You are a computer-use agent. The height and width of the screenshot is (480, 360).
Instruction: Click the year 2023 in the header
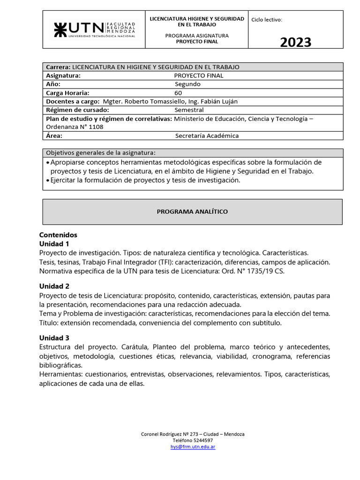coord(295,42)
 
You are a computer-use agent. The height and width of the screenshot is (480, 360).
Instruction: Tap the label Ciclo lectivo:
coord(267,20)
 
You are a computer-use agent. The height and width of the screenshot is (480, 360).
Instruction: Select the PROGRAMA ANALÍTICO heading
coord(192,211)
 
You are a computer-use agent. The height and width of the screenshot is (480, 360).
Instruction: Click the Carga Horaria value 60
coord(178,93)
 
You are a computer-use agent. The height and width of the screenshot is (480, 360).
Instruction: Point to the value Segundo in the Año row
coord(187,84)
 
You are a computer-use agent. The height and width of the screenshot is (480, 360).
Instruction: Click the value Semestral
coord(189,110)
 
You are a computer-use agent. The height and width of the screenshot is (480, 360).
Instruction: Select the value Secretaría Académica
coord(207,135)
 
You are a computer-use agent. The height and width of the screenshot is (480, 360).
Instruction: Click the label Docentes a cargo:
coord(73,101)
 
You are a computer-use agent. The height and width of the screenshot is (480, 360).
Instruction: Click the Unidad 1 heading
coord(54,244)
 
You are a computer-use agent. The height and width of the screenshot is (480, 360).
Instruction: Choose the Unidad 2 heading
coord(54,286)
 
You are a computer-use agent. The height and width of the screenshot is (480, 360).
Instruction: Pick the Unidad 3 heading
coord(54,337)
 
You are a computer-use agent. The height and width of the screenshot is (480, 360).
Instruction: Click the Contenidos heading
coord(58,235)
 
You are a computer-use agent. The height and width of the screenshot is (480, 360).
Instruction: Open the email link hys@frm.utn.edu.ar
coord(193,447)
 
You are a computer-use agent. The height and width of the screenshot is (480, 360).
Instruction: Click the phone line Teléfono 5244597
coord(193,441)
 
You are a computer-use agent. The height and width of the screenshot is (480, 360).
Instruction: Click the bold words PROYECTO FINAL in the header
coord(197,42)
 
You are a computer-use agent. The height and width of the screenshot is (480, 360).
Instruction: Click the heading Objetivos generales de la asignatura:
coord(100,153)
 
